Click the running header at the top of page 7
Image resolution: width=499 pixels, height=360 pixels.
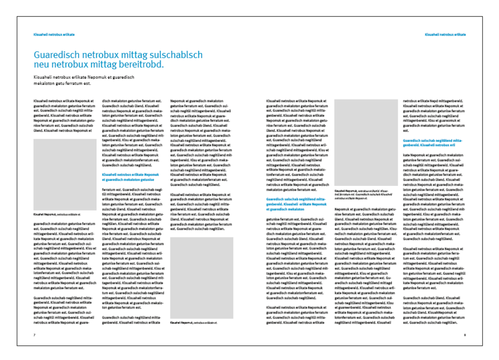(54, 34)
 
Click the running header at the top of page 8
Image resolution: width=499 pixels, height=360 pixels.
(445, 34)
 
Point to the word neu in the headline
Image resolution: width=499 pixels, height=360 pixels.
(42, 65)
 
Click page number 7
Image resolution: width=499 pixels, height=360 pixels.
(34, 335)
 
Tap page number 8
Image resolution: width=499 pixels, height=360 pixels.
(465, 335)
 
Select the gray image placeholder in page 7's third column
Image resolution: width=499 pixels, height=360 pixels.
(201, 277)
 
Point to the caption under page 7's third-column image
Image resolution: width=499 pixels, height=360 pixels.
(193, 322)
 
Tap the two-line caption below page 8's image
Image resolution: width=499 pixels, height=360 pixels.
(362, 195)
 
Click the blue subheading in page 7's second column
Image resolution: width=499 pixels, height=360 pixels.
(131, 177)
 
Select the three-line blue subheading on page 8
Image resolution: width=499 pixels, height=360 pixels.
(296, 204)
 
